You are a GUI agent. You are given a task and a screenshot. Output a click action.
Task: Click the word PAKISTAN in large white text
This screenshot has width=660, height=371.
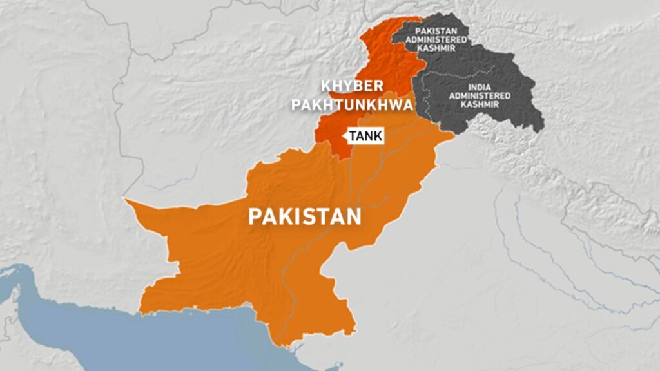[305, 216]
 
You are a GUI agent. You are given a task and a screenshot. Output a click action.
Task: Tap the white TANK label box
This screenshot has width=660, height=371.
[365, 136]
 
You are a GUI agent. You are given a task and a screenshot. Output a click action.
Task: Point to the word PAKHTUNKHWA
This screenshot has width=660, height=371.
[352, 104]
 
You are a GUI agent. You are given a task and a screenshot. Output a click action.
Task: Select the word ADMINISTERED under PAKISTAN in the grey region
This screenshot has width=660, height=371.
[442, 39]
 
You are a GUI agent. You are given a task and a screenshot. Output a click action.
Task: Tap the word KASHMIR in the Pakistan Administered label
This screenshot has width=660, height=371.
[442, 48]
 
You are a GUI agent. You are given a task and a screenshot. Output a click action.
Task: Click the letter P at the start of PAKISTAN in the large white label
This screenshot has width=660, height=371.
[255, 216]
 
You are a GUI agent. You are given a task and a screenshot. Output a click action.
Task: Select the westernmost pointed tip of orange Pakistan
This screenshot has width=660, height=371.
[125, 200]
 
